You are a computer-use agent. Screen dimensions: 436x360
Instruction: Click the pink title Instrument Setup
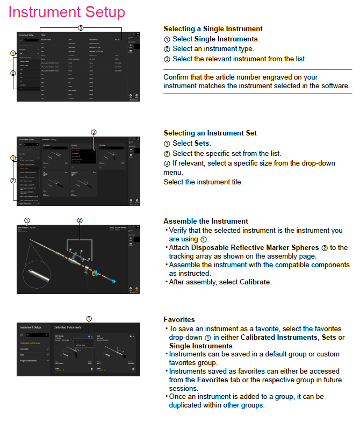pos(67,11)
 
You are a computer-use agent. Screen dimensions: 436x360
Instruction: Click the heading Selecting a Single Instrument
pos(213,28)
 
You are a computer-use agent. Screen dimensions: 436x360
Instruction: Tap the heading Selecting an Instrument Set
pos(210,133)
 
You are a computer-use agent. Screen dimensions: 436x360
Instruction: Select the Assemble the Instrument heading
pos(206,221)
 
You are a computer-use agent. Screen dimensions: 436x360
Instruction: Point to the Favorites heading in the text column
pos(179,319)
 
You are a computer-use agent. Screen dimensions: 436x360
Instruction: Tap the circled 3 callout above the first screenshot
pos(81,27)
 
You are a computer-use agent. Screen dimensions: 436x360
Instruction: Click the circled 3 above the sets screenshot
pos(93,132)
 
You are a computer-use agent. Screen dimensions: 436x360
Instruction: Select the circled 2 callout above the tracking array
pos(80,220)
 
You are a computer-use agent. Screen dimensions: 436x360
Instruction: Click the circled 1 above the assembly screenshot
pos(27,220)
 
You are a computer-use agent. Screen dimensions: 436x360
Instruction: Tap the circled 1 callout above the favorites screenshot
pos(89,319)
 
